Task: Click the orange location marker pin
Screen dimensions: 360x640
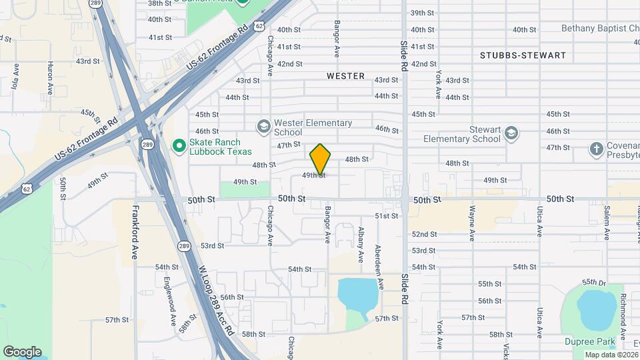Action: [321, 159]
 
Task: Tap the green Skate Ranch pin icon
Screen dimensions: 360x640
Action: [178, 145]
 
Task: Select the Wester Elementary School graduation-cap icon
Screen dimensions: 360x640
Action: [264, 126]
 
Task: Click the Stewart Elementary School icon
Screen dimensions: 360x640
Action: [511, 133]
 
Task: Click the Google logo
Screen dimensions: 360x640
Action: [22, 352]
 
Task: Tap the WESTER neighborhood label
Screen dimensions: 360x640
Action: [345, 76]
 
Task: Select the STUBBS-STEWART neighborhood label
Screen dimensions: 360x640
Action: [523, 56]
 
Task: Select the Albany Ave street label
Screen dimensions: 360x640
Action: [361, 243]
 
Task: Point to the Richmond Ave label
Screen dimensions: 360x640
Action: [623, 310]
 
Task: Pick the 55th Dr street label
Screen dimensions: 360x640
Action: [593, 282]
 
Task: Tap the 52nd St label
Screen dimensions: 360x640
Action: [423, 235]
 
